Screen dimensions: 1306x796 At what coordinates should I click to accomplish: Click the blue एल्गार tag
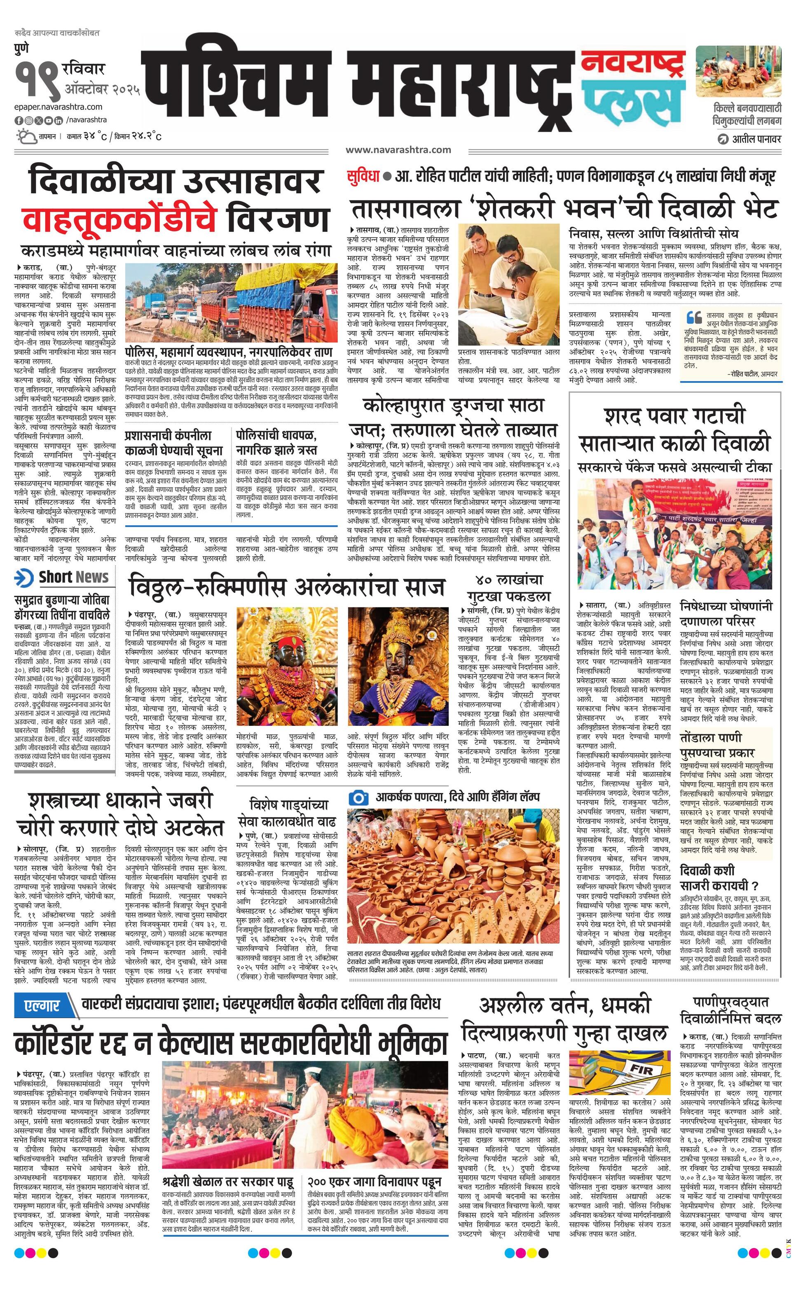point(42,1005)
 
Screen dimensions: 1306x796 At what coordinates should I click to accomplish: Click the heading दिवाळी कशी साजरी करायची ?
point(719,877)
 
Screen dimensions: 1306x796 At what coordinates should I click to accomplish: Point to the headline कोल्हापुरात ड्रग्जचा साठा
point(454,406)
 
